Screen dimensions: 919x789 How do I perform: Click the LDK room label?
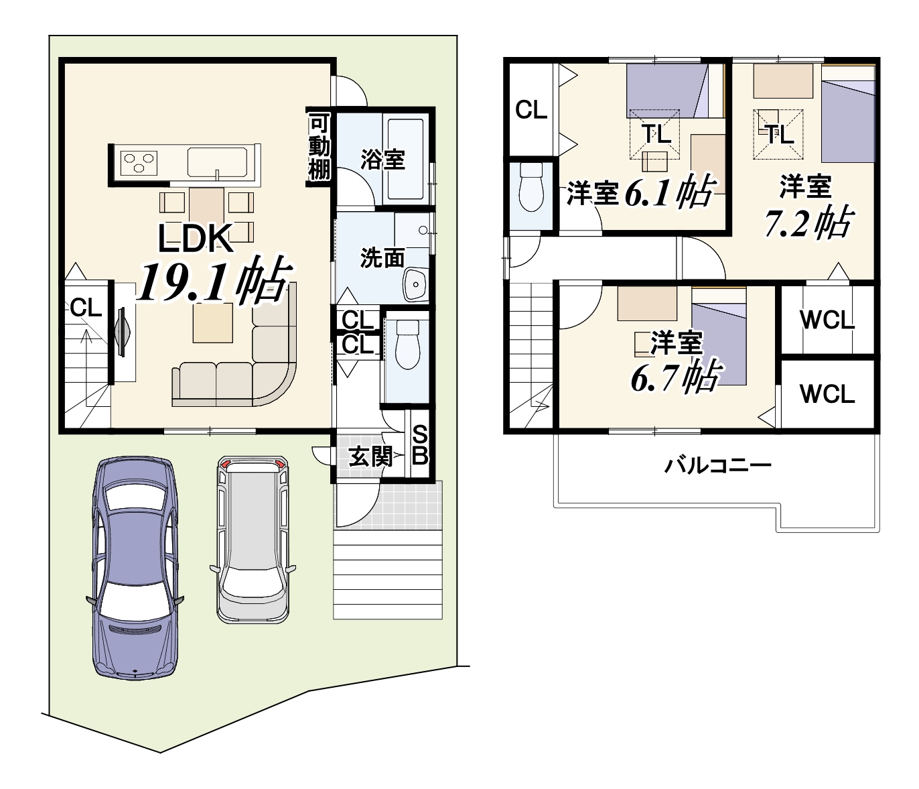pyautogui.click(x=196, y=239)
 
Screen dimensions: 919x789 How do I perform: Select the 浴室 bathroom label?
pyautogui.click(x=382, y=160)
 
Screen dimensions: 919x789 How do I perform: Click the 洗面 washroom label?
pyautogui.click(x=382, y=258)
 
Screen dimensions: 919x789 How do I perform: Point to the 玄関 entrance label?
pyautogui.click(x=370, y=457)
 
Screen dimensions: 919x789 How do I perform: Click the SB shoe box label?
pyautogui.click(x=420, y=445)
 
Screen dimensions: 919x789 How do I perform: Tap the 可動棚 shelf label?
pyautogui.click(x=320, y=147)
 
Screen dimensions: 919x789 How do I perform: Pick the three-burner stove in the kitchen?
pyautogui.click(x=139, y=162)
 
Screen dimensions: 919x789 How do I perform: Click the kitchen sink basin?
pyautogui.click(x=218, y=162)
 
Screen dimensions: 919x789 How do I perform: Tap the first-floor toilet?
pyautogui.click(x=407, y=345)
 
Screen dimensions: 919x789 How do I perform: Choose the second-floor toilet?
pyautogui.click(x=531, y=187)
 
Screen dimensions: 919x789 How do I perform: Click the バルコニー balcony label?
pyautogui.click(x=718, y=466)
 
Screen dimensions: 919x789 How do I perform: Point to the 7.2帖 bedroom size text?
pyautogui.click(x=808, y=223)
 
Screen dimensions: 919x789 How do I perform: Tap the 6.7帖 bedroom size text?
pyautogui.click(x=677, y=376)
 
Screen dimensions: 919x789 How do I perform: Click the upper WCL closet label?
pyautogui.click(x=827, y=320)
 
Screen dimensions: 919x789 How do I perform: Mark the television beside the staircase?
pyautogui.click(x=123, y=330)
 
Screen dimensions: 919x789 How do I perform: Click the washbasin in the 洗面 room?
pyautogui.click(x=415, y=284)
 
